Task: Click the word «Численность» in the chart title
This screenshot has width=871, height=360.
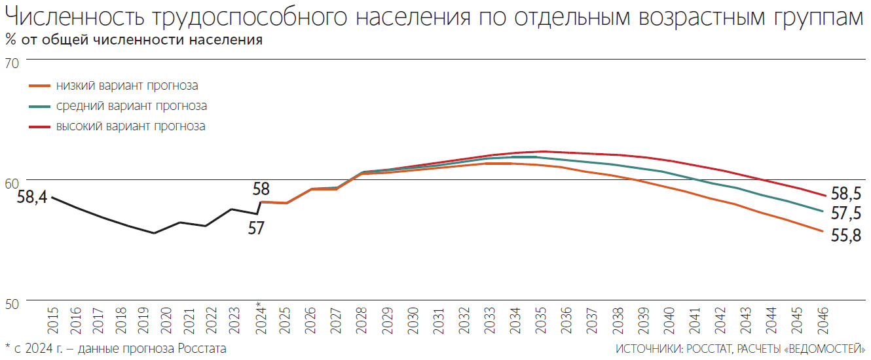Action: (78, 18)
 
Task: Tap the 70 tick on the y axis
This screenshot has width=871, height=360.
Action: (12, 63)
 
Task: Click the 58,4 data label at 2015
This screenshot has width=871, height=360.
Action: (32, 196)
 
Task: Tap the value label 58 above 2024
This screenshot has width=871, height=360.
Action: (261, 189)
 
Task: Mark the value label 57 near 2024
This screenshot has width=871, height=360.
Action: (256, 228)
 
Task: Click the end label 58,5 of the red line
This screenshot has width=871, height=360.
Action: (845, 194)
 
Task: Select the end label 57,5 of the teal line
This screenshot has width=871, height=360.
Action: (845, 213)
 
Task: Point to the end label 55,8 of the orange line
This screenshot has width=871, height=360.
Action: (845, 236)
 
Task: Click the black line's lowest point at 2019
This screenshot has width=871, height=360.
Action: (154, 233)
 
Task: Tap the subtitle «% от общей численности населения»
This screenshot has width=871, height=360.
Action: (134, 40)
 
